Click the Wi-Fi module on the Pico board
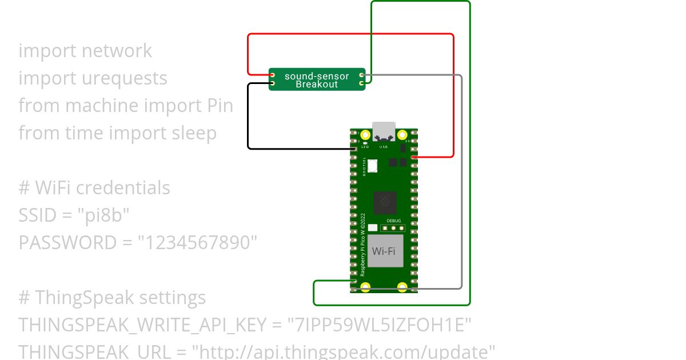(x=384, y=251)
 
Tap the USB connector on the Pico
(x=384, y=131)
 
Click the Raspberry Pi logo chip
(x=384, y=202)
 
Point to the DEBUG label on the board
(x=394, y=221)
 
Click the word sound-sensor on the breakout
(x=317, y=76)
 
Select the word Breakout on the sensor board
(x=317, y=85)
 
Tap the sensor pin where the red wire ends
(x=273, y=75)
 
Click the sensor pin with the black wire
(x=273, y=84)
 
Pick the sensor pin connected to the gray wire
(x=361, y=75)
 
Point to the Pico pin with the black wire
(x=354, y=149)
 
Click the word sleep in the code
(x=194, y=133)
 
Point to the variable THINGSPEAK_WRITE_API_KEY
(x=142, y=325)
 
